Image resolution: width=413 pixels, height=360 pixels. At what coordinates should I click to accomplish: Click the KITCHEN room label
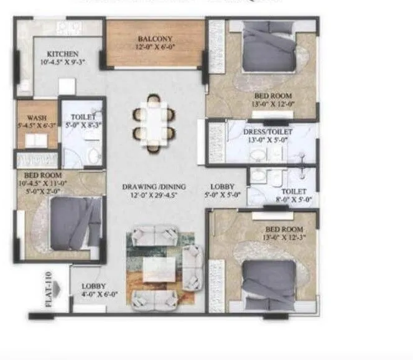click(x=62, y=54)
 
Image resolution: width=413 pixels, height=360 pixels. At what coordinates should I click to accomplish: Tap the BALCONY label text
click(x=155, y=39)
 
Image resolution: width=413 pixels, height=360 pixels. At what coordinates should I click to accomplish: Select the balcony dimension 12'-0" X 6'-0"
click(x=155, y=47)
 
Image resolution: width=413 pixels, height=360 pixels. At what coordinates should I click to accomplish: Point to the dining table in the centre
click(x=154, y=124)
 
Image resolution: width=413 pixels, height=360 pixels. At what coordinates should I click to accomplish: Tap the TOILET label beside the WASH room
click(x=83, y=116)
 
